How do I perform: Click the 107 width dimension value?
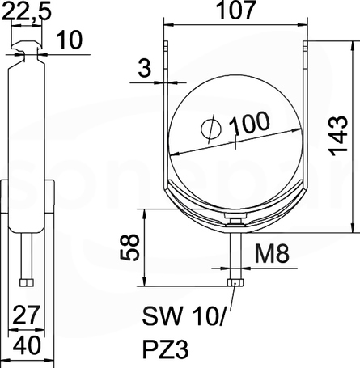[235, 11]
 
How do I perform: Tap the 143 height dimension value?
[339, 136]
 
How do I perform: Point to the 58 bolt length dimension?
[129, 247]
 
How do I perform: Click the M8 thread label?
[272, 253]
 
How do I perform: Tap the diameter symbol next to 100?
[211, 129]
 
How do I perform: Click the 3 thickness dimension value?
[145, 68]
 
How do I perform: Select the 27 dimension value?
[27, 315]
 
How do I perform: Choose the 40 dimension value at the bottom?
[27, 345]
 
